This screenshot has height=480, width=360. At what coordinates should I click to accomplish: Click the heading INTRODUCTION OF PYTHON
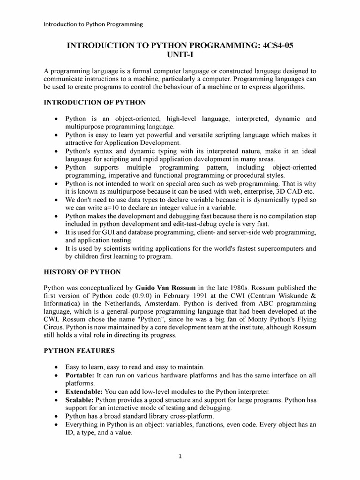[x=95, y=102]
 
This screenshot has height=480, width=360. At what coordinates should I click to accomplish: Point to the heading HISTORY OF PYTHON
[x=82, y=272]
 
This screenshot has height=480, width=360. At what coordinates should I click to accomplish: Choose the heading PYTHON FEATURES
[x=79, y=350]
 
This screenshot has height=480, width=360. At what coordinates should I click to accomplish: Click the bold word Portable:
[x=80, y=375]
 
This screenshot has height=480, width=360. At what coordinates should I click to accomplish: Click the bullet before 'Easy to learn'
[x=57, y=367]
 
